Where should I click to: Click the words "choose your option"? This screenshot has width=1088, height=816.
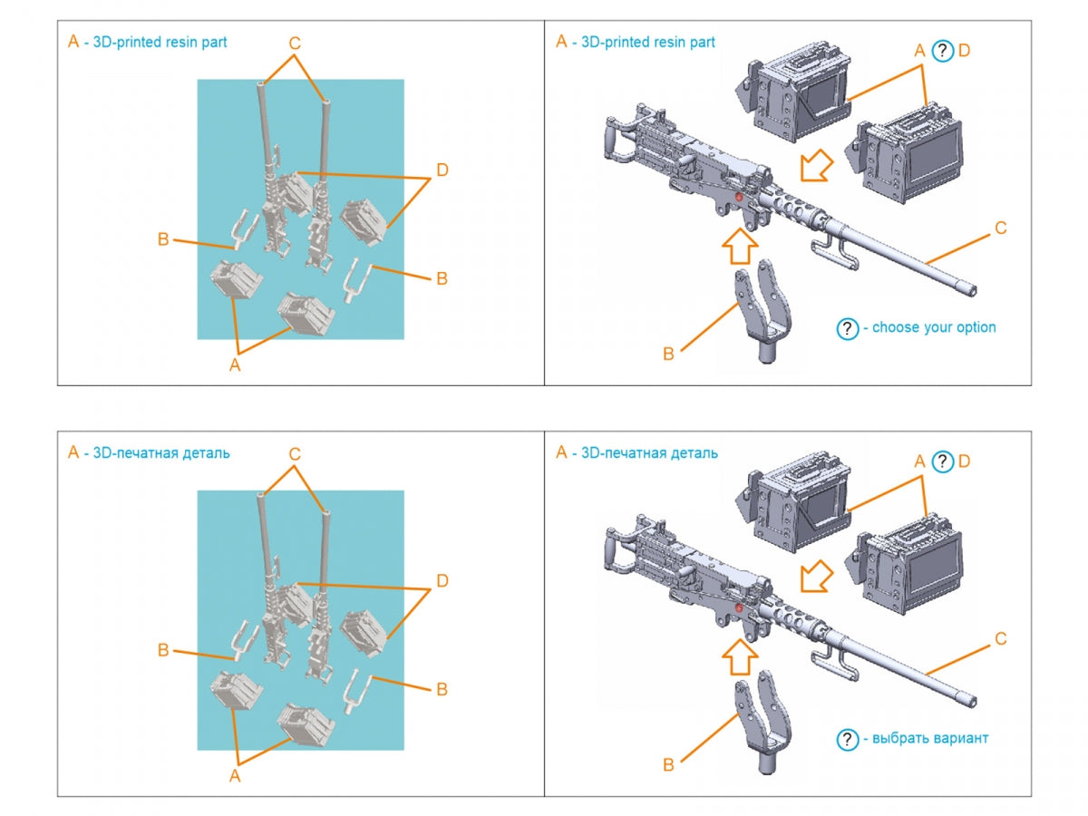934,327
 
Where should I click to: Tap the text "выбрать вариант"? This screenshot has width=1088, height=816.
930,738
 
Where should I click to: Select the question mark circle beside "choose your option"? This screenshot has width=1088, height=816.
847,329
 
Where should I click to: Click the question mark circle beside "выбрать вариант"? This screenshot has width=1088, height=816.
847,740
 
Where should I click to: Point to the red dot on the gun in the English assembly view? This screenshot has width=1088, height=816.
739,197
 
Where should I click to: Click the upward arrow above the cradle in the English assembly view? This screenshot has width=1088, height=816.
740,247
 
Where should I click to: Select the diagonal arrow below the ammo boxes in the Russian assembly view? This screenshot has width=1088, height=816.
816,577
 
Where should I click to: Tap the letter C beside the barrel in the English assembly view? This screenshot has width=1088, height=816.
1000,228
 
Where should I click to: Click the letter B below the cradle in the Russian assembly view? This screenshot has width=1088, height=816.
668,764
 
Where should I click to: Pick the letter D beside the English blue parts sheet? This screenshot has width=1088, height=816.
442,170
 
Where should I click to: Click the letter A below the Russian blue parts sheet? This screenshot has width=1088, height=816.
235,775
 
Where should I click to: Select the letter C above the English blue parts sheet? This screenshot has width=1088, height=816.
295,44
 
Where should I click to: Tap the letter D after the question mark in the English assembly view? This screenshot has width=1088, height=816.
964,51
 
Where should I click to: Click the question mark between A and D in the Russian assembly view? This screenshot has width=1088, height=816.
942,461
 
